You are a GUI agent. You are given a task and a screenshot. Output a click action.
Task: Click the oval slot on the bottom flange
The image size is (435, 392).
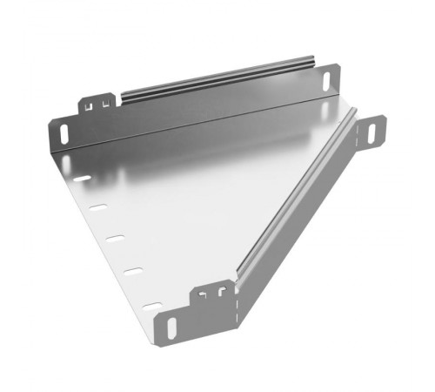[171, 328]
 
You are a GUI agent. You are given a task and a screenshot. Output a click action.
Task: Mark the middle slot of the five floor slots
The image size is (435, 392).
[115, 239]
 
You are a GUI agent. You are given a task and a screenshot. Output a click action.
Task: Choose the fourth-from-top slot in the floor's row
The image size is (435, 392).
[132, 271]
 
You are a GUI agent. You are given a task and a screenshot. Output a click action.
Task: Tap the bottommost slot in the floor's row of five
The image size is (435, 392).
[152, 304]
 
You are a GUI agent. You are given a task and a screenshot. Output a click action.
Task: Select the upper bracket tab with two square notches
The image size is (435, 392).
[98, 105]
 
